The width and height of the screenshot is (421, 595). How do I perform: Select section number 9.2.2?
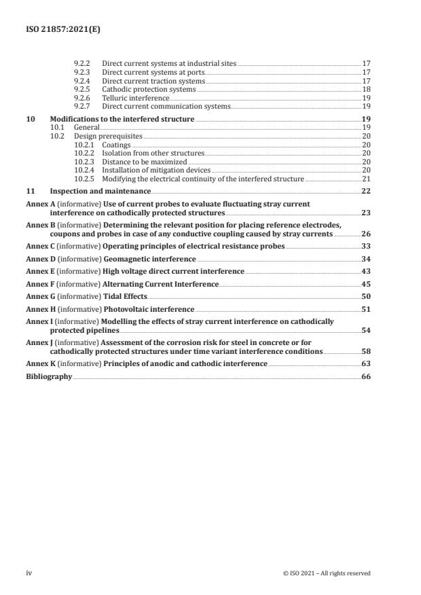click(x=81, y=63)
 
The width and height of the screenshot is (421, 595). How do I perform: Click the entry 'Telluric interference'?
click(x=135, y=98)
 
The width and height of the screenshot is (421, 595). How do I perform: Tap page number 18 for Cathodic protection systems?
click(x=365, y=89)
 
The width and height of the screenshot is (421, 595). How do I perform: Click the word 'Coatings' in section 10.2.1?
click(x=116, y=145)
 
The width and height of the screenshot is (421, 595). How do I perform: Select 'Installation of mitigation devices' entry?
click(x=156, y=170)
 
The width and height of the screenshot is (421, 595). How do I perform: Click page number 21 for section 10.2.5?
click(x=365, y=179)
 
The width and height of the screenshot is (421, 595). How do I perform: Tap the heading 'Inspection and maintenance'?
click(x=100, y=192)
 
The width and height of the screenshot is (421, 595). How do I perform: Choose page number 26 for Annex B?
click(x=365, y=234)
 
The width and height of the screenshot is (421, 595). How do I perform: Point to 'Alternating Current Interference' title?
click(x=161, y=284)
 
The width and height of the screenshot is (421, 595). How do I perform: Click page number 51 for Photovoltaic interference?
click(x=365, y=308)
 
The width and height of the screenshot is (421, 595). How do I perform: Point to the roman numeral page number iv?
click(x=29, y=573)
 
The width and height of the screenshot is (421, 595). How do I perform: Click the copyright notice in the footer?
click(x=327, y=573)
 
